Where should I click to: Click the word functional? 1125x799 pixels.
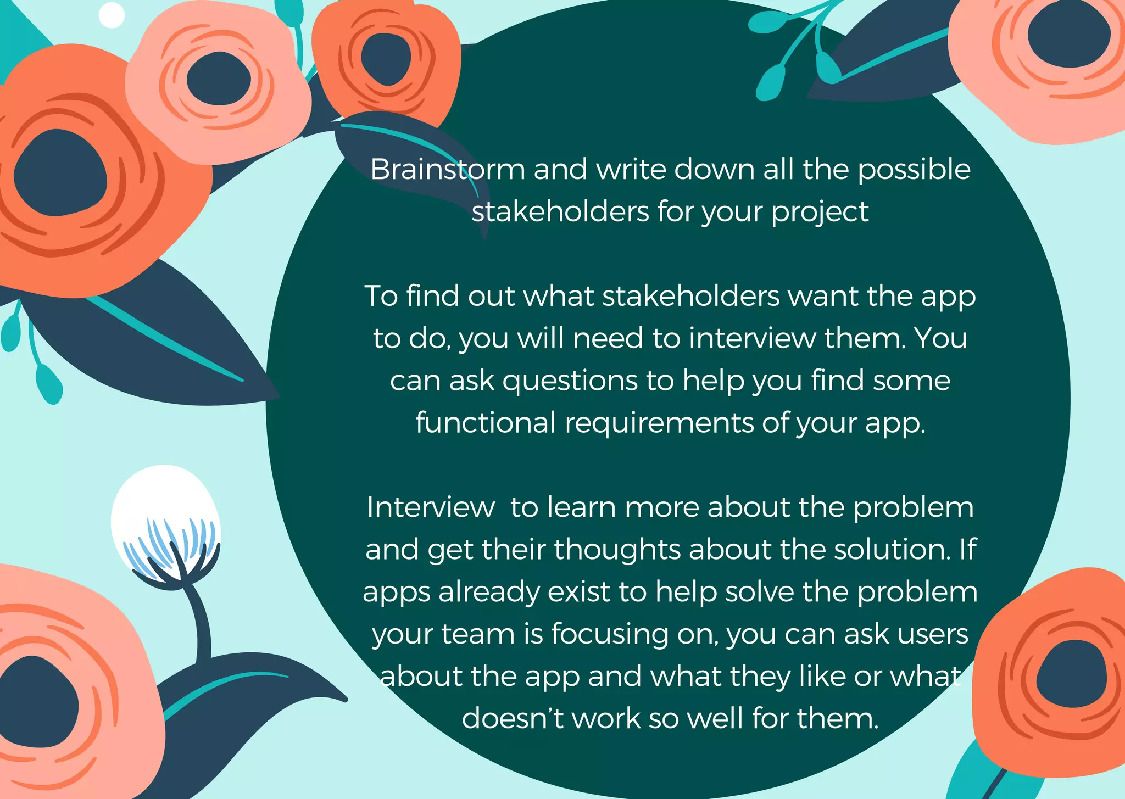tap(486, 423)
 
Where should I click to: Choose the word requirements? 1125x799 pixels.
tap(659, 424)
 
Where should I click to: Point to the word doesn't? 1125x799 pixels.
tap(512, 718)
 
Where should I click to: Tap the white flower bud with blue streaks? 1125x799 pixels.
tap(165, 522)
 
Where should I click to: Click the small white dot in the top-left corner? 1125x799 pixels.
tap(112, 15)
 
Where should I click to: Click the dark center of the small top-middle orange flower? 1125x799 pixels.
tap(386, 58)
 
